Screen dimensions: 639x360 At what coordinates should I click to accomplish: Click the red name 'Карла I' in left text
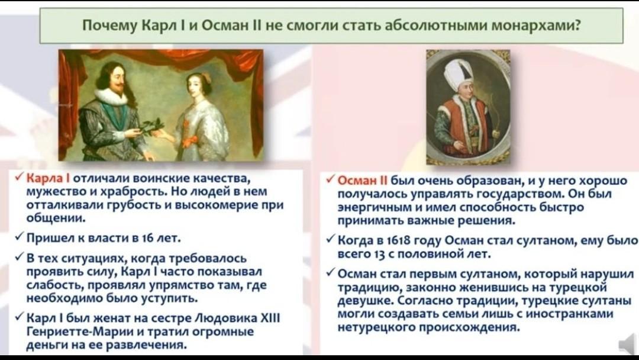point(48,178)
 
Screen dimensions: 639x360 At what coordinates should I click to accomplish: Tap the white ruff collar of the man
point(113,97)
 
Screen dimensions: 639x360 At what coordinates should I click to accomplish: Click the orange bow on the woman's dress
point(190,141)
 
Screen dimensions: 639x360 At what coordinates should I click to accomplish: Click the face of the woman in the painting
point(195,85)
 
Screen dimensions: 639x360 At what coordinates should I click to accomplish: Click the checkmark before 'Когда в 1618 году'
point(331,240)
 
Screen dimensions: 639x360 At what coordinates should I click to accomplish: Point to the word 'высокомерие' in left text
point(218,205)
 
